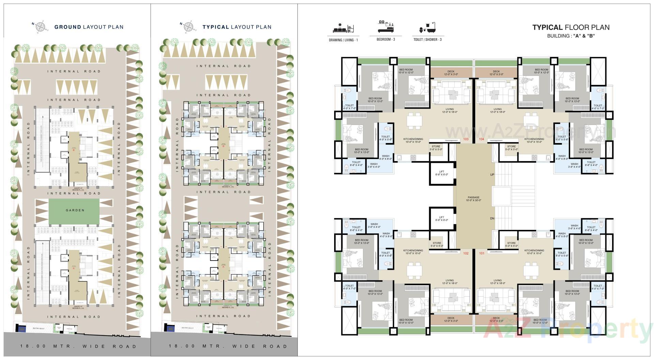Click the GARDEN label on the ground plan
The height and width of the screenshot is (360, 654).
[75, 210]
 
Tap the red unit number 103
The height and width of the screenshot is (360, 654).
[466, 139]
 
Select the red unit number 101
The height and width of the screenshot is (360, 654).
[481, 253]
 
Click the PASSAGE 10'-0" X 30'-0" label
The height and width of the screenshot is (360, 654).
[473, 199]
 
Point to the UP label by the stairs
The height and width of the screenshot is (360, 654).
[492, 175]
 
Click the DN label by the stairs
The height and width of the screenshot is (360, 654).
[492, 218]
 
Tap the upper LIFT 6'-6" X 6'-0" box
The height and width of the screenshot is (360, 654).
[441, 173]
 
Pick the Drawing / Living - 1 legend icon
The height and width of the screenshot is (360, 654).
[343, 28]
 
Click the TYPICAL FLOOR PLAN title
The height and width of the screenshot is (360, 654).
[571, 28]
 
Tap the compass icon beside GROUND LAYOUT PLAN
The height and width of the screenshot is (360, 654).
[40, 27]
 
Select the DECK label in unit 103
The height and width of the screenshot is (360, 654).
[451, 73]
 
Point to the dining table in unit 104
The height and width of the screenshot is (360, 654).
[531, 121]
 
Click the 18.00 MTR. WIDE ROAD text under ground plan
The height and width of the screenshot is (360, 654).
[78, 346]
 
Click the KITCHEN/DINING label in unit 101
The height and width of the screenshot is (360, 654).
[534, 252]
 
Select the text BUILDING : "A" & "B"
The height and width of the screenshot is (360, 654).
[571, 36]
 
